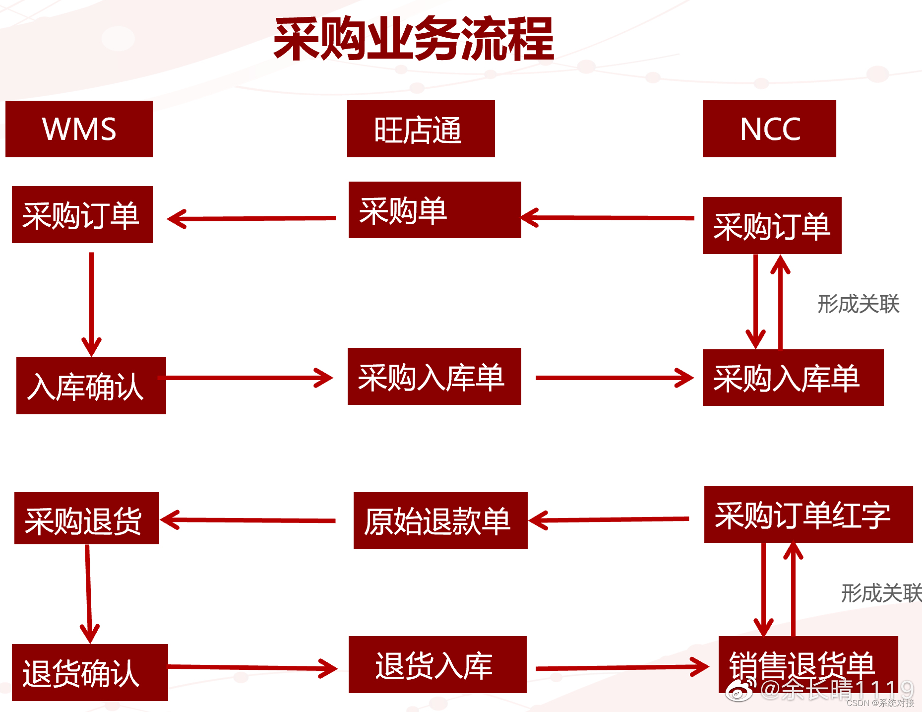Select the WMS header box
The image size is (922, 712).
point(79,129)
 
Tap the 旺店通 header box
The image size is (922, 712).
point(421,129)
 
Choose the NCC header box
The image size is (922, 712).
point(769,129)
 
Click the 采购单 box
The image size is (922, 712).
point(434,210)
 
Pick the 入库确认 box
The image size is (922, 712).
point(91,386)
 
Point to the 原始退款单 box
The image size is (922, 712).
point(440,520)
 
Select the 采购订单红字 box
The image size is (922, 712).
point(808,515)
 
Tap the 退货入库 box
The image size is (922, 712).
point(437,664)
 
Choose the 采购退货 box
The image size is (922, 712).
point(86,518)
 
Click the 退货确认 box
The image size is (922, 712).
point(90,672)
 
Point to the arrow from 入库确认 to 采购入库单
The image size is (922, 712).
point(248,378)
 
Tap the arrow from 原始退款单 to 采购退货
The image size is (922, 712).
point(248,520)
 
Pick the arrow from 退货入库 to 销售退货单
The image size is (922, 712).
point(622,667)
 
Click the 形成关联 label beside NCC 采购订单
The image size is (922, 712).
point(858,304)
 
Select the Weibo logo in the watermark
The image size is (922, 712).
point(739,690)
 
